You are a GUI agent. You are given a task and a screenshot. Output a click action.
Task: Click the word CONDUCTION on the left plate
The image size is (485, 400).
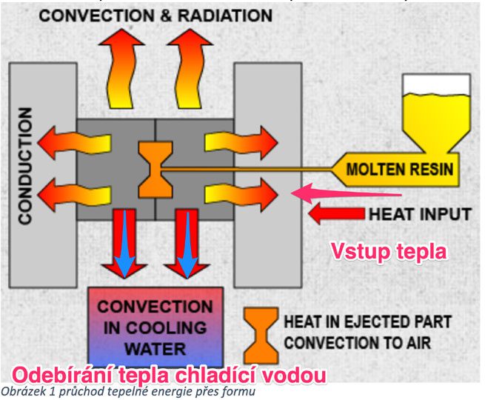pos(25,166)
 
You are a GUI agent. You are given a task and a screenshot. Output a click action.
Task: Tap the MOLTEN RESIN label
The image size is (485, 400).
pos(400,170)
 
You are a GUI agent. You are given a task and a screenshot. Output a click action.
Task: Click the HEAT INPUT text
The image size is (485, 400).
pos(421,214)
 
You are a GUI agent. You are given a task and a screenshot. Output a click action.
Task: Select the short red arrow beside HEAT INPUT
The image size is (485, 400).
pos(336,214)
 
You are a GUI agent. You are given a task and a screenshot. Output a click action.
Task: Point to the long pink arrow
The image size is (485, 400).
pos(347,193)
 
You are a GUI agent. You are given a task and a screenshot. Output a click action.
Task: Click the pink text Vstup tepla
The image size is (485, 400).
pos(389,251)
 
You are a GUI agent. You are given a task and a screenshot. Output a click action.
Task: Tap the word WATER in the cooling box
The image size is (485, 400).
pos(155,350)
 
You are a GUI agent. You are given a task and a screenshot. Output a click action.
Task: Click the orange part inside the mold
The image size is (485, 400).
pos(155,170)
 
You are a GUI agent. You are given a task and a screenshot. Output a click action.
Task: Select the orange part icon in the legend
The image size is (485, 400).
pos(261,336)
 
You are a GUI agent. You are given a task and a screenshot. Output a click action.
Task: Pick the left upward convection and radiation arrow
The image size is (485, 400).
pos(121,69)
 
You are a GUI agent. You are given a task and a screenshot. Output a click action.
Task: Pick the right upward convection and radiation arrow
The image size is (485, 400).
pos(190,69)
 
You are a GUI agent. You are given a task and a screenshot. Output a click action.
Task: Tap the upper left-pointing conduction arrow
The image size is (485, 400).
pos(74,143)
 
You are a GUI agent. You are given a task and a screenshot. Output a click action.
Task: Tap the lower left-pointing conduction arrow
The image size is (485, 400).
pos(74,195)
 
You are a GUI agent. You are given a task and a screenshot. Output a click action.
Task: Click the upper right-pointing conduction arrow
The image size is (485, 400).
pos(241,143)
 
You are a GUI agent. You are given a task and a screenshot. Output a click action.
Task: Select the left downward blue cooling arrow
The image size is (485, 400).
pos(125,244)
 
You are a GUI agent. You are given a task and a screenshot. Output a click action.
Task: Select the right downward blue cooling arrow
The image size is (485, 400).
pos(187,244)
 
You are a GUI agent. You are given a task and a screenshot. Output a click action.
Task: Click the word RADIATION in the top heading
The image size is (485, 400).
pos(225,16)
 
